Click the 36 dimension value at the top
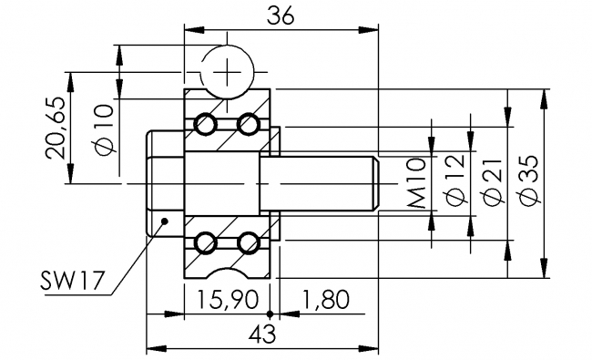281,15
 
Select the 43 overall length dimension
262,334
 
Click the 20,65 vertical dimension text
56,128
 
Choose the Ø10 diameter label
103,129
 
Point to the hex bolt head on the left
165,183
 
